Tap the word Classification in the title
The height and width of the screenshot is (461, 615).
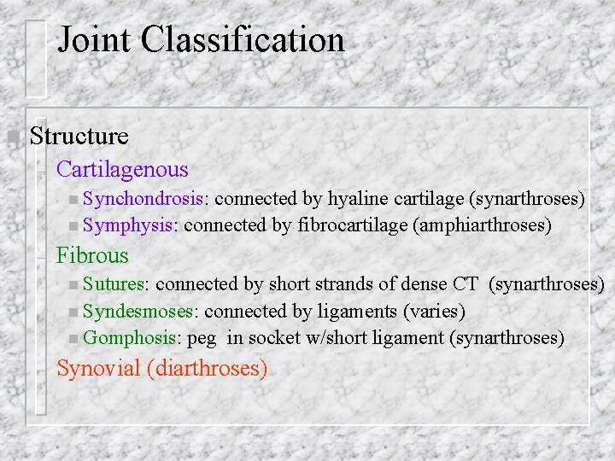click(243, 40)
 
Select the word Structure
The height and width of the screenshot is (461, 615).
click(79, 136)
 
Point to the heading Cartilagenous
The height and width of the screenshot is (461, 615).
click(122, 171)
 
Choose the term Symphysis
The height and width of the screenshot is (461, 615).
click(129, 225)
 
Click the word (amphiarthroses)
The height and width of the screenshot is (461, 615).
click(482, 225)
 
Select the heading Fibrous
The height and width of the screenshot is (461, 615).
click(92, 255)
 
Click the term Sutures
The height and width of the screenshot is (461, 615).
click(115, 283)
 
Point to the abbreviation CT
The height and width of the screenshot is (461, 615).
click(466, 283)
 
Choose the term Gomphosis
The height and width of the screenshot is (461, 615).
click(130, 338)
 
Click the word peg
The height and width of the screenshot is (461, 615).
click(202, 339)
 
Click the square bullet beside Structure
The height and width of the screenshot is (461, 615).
click(12, 137)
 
